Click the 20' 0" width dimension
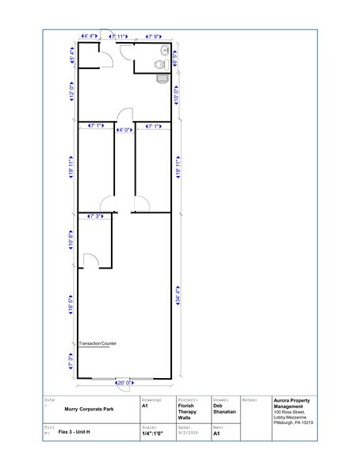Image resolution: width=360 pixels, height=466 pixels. (x=124, y=383)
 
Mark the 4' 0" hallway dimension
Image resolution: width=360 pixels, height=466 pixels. (x=124, y=129)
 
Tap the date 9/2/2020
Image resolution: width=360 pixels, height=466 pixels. (x=187, y=434)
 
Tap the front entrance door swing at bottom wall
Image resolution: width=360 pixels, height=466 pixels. (x=124, y=377)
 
